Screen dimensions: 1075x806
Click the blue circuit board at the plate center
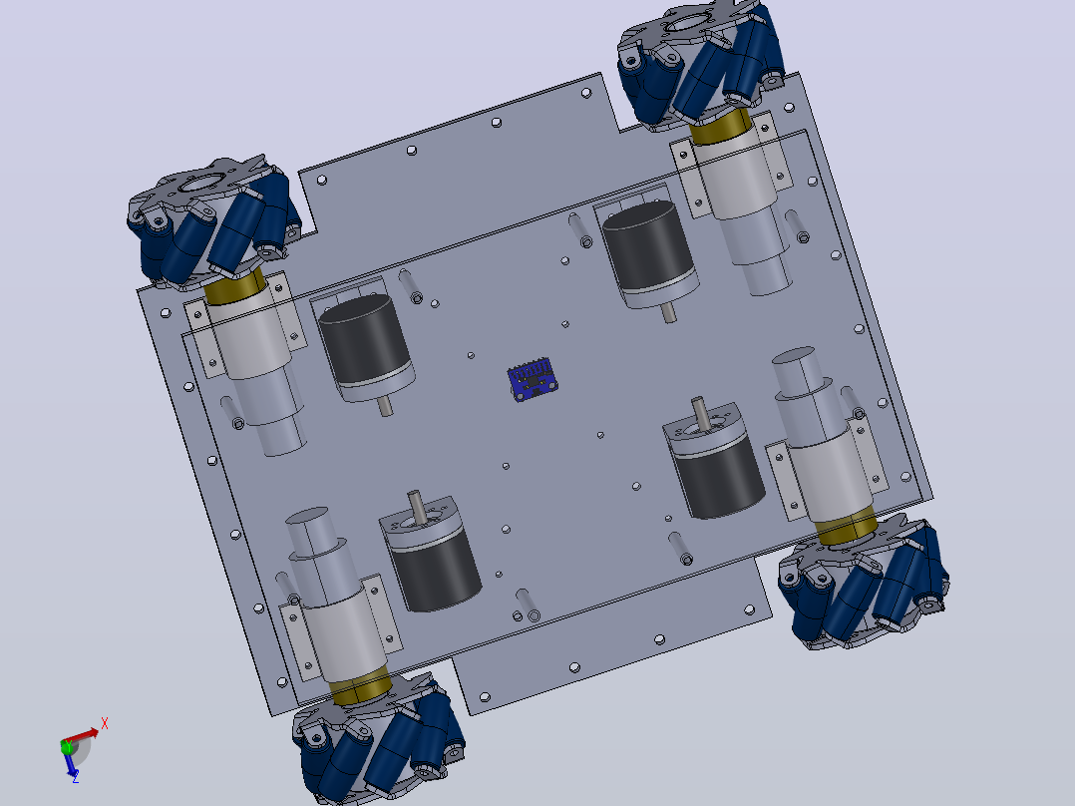coord(533,379)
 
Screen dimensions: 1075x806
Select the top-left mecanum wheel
coord(213,220)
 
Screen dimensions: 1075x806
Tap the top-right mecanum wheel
coord(701,64)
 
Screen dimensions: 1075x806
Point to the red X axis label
coord(104,723)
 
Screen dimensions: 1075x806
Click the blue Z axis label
coord(76,777)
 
